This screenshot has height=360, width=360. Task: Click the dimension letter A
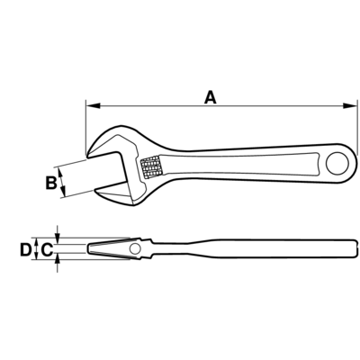point(211,98)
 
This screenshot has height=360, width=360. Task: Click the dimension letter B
point(51,183)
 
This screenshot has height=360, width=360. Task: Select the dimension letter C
point(47,249)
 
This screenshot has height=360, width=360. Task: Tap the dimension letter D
point(25,249)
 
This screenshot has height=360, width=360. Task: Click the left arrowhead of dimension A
point(93,105)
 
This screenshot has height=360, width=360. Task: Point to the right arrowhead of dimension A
point(350,105)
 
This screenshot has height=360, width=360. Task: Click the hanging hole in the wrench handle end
point(337,164)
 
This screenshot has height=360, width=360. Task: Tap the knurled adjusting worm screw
point(151,167)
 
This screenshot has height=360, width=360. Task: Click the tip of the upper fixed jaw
point(87,157)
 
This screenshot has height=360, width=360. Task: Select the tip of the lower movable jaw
point(95,190)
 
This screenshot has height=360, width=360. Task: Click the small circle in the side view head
point(135,248)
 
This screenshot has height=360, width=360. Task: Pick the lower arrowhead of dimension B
point(63,191)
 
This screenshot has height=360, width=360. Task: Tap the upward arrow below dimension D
point(58,265)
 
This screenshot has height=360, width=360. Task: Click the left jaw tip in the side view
point(88,248)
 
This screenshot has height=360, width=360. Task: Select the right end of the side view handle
point(357,248)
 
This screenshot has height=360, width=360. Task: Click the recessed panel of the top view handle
point(240,165)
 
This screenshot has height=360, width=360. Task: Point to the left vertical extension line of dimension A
point(86,127)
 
